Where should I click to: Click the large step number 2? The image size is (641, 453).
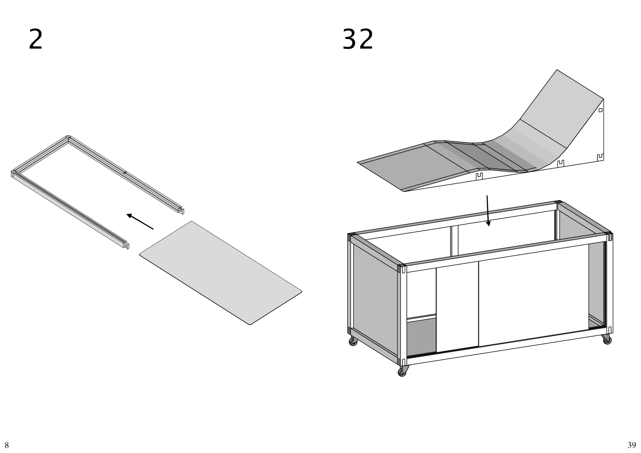[x=36, y=39]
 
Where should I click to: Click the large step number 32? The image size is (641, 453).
[x=358, y=39]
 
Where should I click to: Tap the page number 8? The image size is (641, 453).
[x=7, y=445]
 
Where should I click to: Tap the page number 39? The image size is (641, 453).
[x=632, y=445]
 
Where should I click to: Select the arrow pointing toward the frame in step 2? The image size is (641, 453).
[x=140, y=221]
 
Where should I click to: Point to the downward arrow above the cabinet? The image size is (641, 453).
[x=488, y=211]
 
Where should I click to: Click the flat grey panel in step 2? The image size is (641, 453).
[x=221, y=273]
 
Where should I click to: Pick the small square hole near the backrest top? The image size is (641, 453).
[x=600, y=110]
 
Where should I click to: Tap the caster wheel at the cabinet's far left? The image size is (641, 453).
[x=353, y=341]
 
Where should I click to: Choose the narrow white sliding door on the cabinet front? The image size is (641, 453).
[x=457, y=307]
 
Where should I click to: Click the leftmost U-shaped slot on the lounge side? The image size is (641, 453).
[x=479, y=176]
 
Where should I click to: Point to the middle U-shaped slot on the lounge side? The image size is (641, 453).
[x=561, y=164]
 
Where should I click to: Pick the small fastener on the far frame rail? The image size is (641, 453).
[x=125, y=173]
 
